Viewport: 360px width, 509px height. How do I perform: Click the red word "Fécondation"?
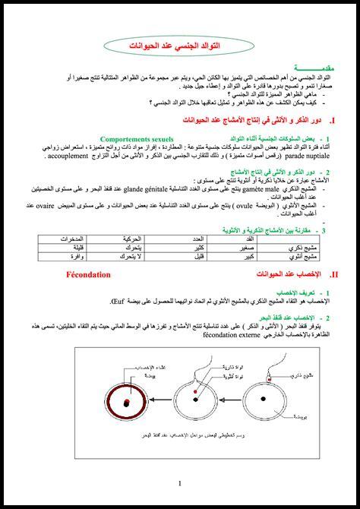click(90, 274)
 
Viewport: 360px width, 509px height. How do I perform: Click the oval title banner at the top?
click(180, 48)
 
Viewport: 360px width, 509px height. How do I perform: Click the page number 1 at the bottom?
click(180, 483)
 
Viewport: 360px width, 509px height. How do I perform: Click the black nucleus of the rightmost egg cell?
click(264, 398)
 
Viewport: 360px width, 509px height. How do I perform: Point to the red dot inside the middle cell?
click(195, 393)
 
